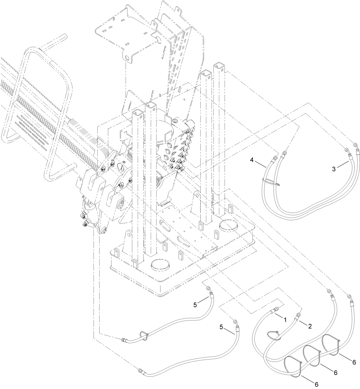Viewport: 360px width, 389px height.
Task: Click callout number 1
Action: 284,318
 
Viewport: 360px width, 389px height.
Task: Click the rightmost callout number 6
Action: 354,362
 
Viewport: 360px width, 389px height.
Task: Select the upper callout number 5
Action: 195,305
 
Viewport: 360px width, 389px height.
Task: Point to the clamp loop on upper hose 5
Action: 145,335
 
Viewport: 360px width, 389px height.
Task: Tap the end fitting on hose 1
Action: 275,310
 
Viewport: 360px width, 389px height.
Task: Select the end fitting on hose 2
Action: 298,315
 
